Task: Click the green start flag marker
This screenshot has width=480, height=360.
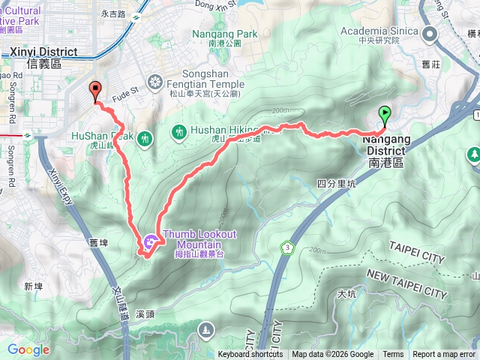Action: pos(385,115)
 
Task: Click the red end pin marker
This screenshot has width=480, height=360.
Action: pos(95,90)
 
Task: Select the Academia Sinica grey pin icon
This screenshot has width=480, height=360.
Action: pos(430,33)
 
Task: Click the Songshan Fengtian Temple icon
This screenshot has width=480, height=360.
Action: pos(155,82)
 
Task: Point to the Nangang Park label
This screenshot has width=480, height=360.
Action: pos(224,38)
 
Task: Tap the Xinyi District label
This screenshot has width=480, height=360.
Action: pos(44,57)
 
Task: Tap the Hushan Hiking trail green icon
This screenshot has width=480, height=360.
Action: pos(179,132)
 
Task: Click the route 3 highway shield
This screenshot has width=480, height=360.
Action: pos(287,247)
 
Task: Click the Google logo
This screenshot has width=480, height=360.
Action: pos(28,349)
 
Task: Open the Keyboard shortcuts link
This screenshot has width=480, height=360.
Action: pos(251,355)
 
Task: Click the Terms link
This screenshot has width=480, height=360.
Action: pos(393,355)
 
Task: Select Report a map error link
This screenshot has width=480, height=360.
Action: pos(444,355)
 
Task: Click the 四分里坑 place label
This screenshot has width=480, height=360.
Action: pos(334,183)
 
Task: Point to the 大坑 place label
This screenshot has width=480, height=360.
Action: pos(346,293)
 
